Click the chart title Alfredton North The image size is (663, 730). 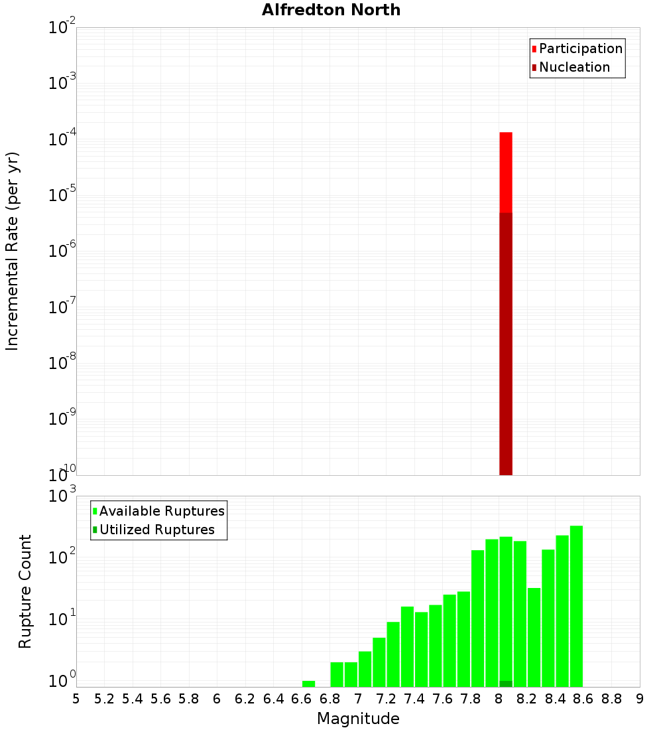tap(331, 10)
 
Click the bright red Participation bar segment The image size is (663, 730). tap(506, 173)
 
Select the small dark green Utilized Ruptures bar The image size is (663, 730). tap(506, 684)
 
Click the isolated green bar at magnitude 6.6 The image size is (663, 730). tap(308, 684)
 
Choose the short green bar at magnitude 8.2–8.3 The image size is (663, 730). tap(534, 637)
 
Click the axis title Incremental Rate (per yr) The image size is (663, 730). tap(13, 252)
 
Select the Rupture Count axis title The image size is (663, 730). tap(25, 591)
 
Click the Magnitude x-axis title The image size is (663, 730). tap(358, 719)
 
